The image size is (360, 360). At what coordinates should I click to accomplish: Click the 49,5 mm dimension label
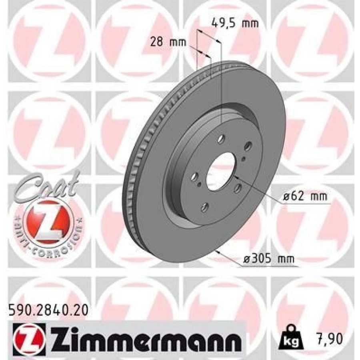point(234,23)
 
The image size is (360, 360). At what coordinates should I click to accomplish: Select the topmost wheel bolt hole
point(222,140)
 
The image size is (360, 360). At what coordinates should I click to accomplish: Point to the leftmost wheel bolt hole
point(194,176)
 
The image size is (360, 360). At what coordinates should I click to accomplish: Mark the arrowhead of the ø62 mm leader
point(236,176)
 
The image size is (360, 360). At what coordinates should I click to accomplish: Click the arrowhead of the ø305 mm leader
point(216,251)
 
